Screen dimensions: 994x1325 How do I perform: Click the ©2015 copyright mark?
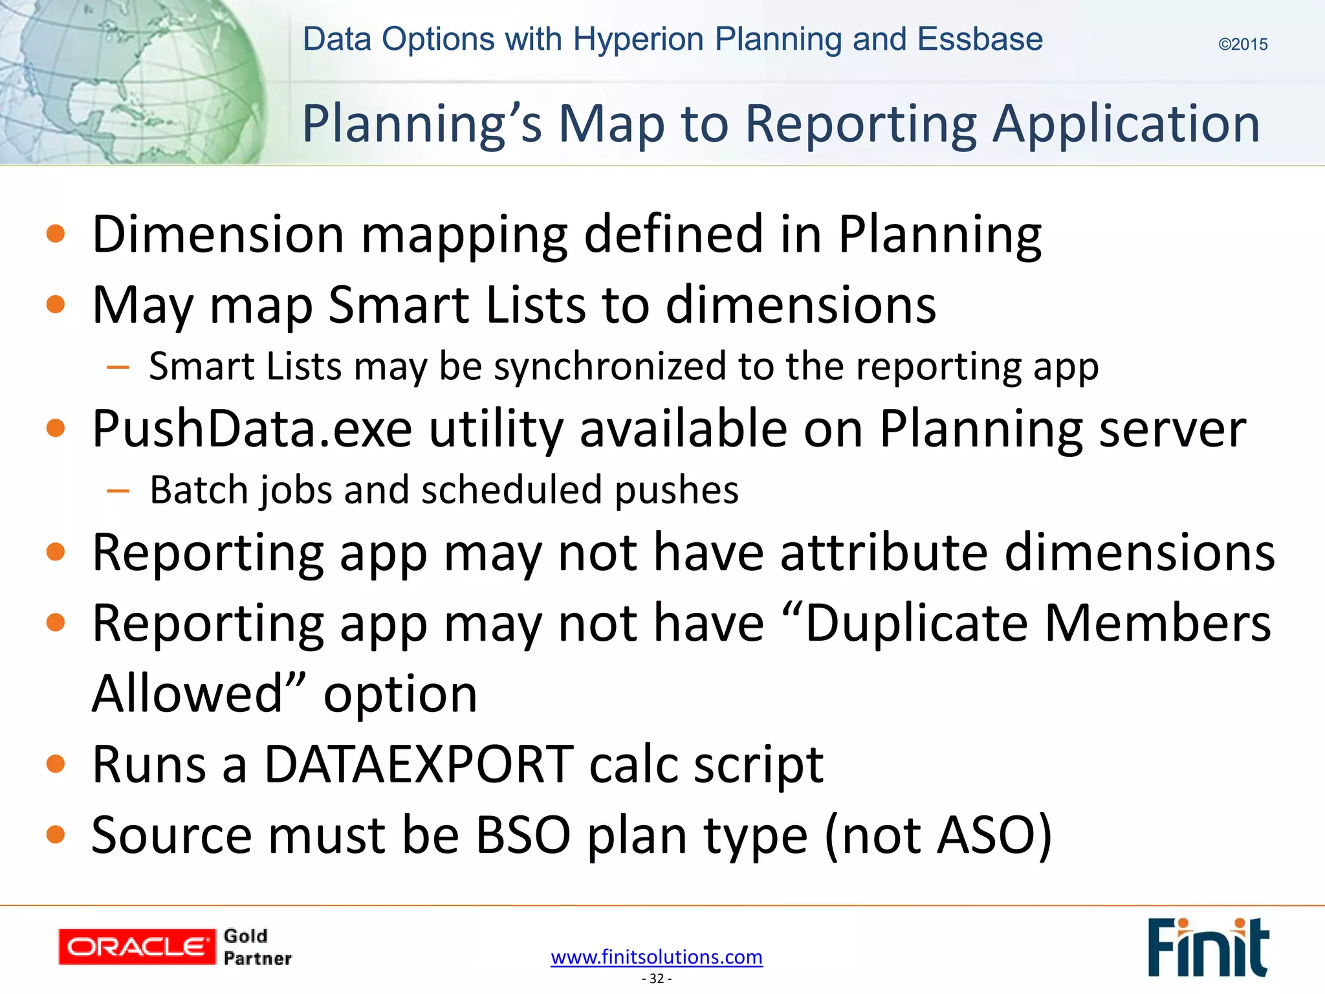(x=1242, y=45)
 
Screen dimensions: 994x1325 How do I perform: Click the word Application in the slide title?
(x=1126, y=124)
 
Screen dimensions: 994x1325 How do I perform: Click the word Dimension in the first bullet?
(x=218, y=234)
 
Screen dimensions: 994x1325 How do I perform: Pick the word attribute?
(x=884, y=553)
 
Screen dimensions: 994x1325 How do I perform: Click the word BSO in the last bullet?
(x=523, y=835)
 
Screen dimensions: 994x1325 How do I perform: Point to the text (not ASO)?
(x=938, y=835)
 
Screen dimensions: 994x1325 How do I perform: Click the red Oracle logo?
(x=137, y=947)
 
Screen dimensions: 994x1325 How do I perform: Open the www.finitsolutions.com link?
(x=657, y=956)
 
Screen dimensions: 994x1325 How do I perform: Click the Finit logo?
(x=1207, y=947)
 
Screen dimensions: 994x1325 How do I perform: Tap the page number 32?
(x=657, y=978)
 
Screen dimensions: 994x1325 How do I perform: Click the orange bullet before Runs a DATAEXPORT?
(x=56, y=764)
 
